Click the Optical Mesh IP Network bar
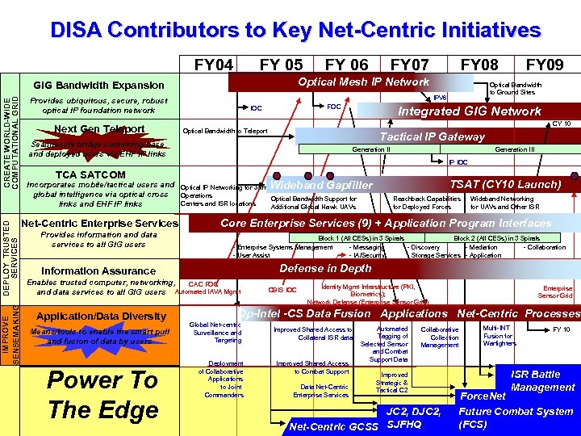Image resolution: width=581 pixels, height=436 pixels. pyautogui.click(x=363, y=82)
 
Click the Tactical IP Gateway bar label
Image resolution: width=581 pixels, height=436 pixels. pyautogui.click(x=432, y=136)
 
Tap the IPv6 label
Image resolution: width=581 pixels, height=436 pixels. pyautogui.click(x=441, y=97)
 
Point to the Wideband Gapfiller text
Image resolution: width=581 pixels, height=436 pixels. pyautogui.click(x=320, y=186)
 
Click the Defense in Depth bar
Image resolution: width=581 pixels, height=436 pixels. pyautogui.click(x=325, y=268)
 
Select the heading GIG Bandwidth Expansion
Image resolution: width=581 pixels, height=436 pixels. pyautogui.click(x=99, y=86)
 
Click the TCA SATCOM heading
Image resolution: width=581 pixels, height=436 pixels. pyautogui.click(x=90, y=174)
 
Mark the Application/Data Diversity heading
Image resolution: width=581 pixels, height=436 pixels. pyautogui.click(x=102, y=316)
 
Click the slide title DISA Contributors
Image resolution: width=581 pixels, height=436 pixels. pyautogui.click(x=295, y=30)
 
